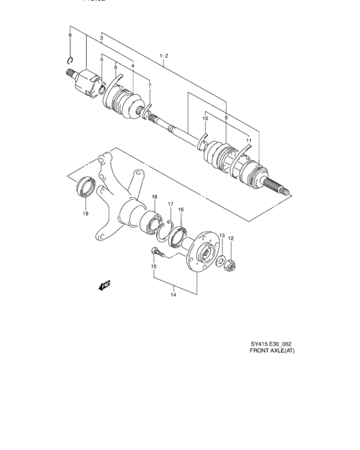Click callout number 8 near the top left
click(70, 35)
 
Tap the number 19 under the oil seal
click(85, 214)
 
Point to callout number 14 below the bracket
click(174, 296)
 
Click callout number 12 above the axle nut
click(231, 239)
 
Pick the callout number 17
click(170, 204)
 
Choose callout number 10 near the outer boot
click(206, 119)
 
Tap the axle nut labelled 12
click(231, 264)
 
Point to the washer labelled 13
click(221, 261)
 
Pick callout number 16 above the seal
click(181, 210)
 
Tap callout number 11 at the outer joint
click(248, 139)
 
